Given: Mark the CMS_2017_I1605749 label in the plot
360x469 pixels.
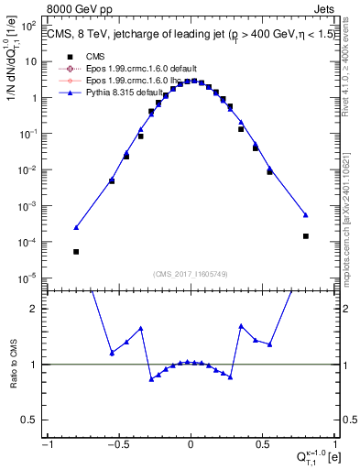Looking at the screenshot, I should [191, 274].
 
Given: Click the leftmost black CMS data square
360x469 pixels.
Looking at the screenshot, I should [76, 252].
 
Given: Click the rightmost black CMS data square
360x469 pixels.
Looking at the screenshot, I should [306, 236].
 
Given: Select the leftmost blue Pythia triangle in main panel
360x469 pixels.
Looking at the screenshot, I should [76, 227].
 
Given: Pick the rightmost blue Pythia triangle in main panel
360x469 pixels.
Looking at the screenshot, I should [306, 214].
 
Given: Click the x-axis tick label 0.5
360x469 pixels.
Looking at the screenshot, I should [263, 445].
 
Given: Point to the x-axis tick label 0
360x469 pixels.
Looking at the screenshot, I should [191, 445].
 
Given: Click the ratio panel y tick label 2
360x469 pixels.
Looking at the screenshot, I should [37, 309].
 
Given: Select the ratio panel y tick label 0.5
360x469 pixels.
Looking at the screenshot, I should [34, 420].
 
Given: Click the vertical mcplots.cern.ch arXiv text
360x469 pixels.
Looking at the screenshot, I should [352, 211].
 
